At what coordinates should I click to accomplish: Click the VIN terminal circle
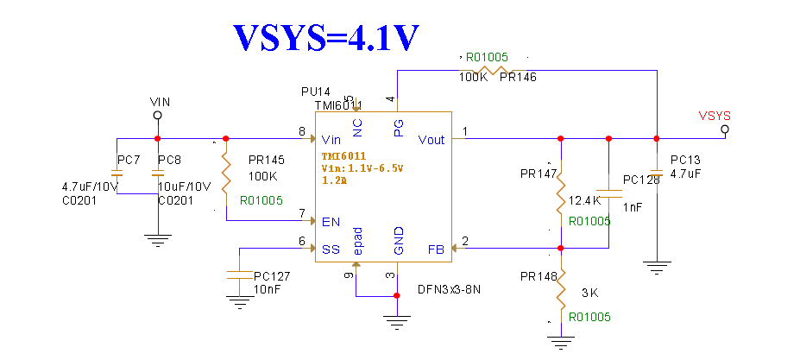(x=157, y=115)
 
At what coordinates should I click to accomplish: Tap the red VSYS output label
(x=715, y=115)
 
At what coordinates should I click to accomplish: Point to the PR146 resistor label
(x=518, y=78)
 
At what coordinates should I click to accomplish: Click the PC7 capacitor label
(x=129, y=161)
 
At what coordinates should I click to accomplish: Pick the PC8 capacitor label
(x=169, y=161)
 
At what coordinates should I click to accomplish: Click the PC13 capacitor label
(x=685, y=160)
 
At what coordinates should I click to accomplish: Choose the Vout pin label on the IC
(x=431, y=140)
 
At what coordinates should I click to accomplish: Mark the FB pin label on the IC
(x=437, y=249)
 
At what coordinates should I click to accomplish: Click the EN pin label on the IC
(x=331, y=222)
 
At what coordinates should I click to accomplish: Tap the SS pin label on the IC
(x=331, y=249)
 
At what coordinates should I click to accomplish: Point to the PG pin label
(x=398, y=128)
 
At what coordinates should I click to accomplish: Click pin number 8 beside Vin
(x=302, y=132)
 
